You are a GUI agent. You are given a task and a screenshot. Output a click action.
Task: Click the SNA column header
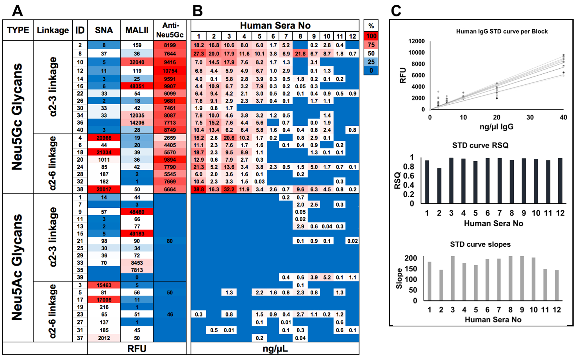(104, 30)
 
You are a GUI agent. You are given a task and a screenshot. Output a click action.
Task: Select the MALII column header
(137, 30)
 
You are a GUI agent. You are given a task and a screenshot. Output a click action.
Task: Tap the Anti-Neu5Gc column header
(170, 30)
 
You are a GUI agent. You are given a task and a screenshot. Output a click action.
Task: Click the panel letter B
(198, 11)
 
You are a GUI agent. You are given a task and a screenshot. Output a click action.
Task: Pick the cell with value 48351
(137, 86)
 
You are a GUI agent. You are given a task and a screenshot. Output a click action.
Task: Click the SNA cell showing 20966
(104, 138)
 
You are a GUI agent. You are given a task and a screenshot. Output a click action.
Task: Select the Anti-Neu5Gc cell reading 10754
(170, 71)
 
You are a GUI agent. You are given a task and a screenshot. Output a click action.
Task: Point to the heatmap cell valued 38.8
(198, 189)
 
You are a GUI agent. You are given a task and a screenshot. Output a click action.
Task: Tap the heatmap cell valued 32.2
(229, 189)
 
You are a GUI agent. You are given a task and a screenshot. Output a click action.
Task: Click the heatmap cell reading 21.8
(300, 53)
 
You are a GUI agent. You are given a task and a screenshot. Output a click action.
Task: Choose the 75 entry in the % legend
(371, 45)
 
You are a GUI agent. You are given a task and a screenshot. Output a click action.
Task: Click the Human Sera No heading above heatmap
(275, 25)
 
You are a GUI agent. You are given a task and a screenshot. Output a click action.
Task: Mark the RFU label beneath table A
(137, 349)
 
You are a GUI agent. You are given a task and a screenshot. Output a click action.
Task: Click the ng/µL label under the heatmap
(275, 349)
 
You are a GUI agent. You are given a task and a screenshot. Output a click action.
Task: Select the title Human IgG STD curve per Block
(502, 31)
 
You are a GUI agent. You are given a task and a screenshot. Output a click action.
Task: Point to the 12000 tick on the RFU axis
(416, 41)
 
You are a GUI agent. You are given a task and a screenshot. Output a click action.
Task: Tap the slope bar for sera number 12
(557, 285)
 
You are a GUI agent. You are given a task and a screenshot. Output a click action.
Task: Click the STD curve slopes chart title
(480, 244)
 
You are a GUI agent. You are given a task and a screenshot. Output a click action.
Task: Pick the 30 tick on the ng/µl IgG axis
(530, 117)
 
